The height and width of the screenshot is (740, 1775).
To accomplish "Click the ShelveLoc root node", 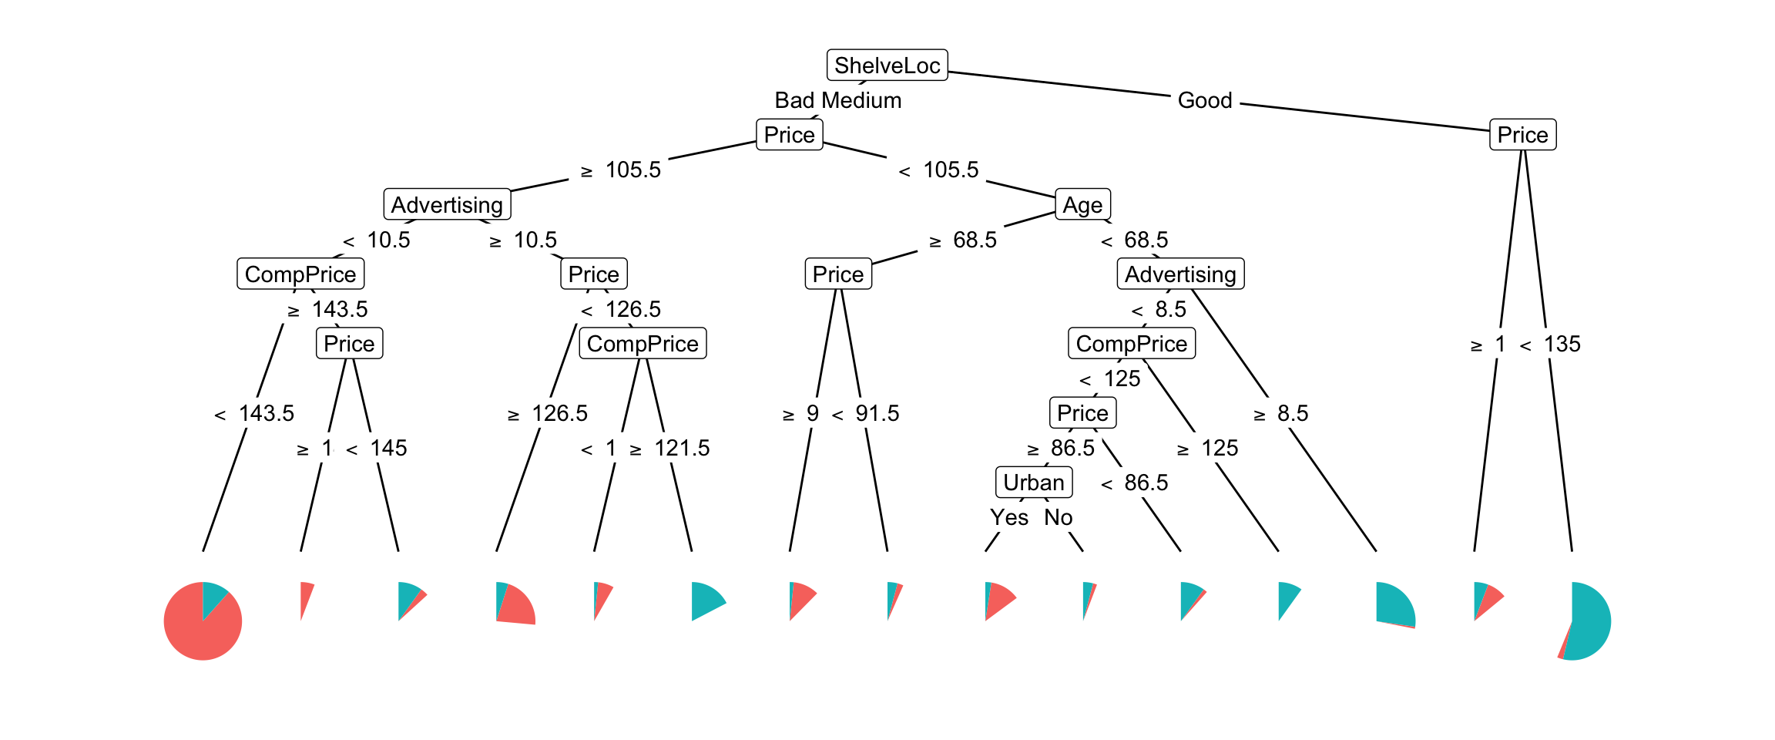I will click(x=887, y=66).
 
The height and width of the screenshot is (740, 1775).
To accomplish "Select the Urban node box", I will click(x=1033, y=483).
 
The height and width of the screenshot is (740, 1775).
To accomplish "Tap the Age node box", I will click(x=1082, y=205).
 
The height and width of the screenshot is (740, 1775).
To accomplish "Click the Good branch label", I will click(x=1205, y=100).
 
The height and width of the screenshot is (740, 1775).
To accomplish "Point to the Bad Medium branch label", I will click(x=837, y=100).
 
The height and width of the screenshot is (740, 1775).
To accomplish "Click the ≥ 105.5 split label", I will click(x=621, y=170).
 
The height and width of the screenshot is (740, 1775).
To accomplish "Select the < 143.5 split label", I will click(x=254, y=413).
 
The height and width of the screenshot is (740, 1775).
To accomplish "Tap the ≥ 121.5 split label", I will click(x=669, y=448).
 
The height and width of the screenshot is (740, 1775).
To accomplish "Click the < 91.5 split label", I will click(x=865, y=413).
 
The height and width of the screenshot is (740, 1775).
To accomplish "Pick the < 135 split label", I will click(x=1550, y=344).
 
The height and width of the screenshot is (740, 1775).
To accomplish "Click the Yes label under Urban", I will click(x=1009, y=517).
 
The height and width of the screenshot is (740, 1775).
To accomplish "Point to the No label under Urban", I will click(x=1059, y=517).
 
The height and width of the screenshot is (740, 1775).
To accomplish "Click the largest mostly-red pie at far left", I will click(x=203, y=621).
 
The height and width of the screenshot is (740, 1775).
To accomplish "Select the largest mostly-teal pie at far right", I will click(x=1579, y=621).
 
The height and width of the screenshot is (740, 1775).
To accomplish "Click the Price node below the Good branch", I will click(x=1522, y=135).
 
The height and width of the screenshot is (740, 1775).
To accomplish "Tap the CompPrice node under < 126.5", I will click(x=643, y=344).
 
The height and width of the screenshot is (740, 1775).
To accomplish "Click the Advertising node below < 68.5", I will click(x=1180, y=274).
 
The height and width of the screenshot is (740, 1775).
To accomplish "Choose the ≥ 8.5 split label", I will click(x=1281, y=413).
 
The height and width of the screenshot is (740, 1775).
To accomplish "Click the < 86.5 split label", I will click(x=1135, y=483).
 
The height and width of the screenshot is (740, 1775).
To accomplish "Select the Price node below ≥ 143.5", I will click(x=349, y=344).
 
